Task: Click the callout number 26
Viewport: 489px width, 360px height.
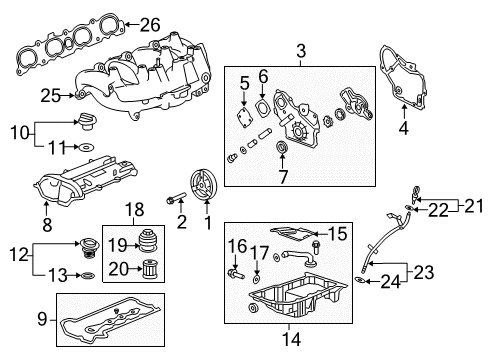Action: point(149,24)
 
